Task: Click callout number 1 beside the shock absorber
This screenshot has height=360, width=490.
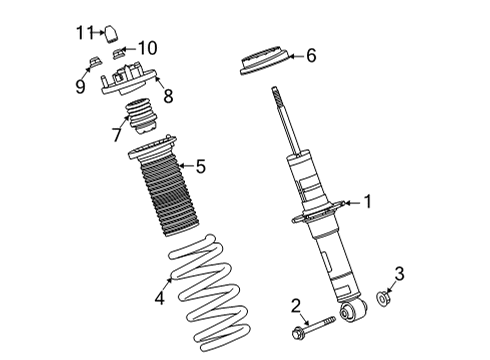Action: pos(367,203)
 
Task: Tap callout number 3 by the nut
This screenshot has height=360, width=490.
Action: pos(400,272)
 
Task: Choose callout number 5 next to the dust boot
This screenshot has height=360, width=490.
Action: pos(200,166)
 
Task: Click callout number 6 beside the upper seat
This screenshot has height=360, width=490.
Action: pos(310,56)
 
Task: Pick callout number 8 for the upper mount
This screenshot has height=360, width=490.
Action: pos(168,97)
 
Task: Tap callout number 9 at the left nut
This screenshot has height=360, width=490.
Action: pos(81,86)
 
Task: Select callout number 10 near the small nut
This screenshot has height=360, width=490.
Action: pos(147,47)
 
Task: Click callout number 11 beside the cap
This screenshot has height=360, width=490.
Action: pos(86,32)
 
